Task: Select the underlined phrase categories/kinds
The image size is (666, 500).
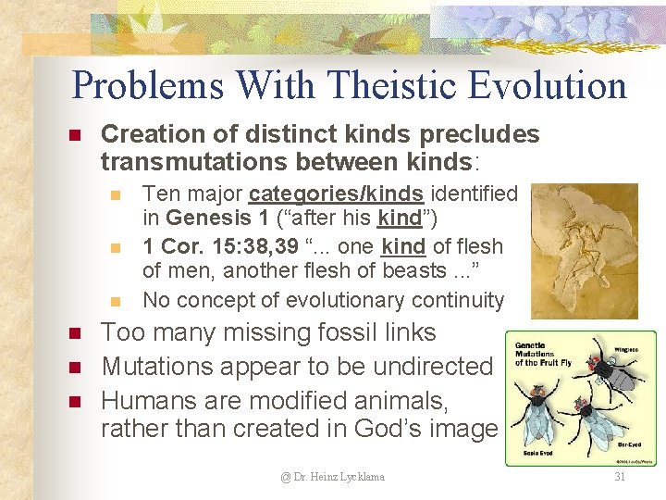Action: tap(336, 194)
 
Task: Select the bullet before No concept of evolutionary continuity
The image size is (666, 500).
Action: tap(115, 301)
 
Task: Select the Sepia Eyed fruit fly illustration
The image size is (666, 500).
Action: tap(537, 412)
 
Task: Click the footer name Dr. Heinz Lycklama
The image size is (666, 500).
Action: tap(333, 477)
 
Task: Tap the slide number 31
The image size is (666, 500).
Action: tap(619, 477)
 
